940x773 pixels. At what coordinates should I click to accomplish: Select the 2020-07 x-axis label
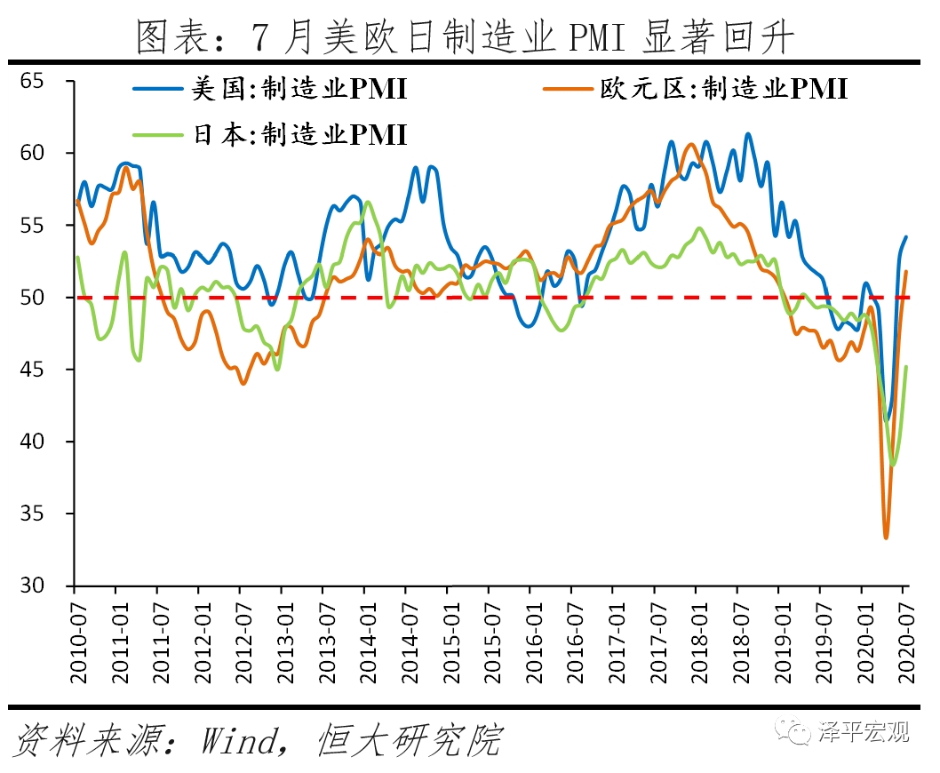point(904,640)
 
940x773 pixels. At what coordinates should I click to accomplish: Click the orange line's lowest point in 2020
point(886,537)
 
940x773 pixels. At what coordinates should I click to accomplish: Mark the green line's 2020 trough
point(893,464)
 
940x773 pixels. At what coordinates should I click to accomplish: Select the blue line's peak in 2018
point(748,134)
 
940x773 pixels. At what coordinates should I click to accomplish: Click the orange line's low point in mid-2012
point(243,383)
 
